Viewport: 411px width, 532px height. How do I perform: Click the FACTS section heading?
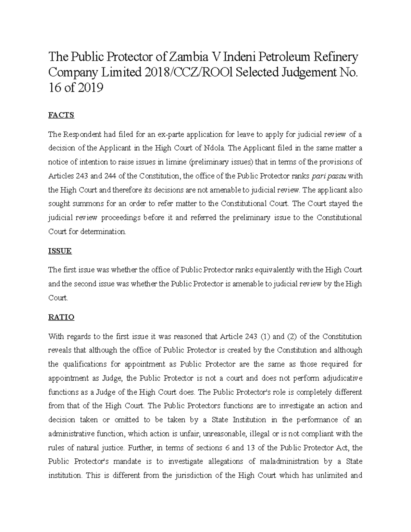pyautogui.click(x=61, y=115)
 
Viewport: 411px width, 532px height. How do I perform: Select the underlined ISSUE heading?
pyautogui.click(x=60, y=251)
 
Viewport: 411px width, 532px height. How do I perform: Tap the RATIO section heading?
pyautogui.click(x=61, y=317)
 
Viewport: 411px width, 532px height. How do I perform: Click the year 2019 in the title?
pyautogui.click(x=90, y=88)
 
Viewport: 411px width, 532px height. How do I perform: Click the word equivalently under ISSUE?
pyautogui.click(x=264, y=270)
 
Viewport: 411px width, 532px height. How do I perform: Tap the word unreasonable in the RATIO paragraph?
pyautogui.click(x=224, y=434)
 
